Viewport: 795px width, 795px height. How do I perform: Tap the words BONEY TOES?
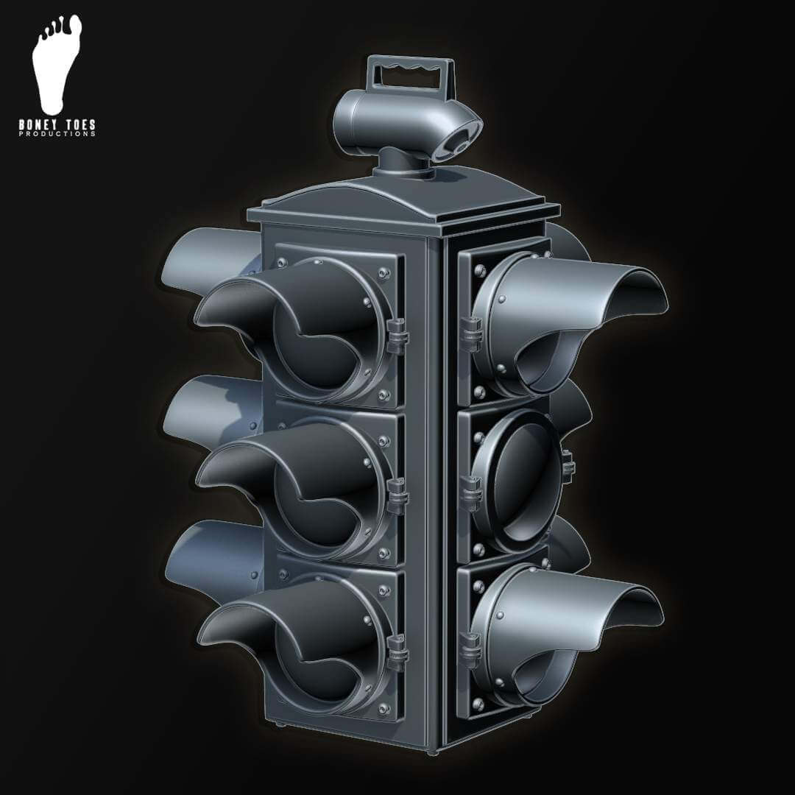57,125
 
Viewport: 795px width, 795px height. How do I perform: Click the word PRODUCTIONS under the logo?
57,134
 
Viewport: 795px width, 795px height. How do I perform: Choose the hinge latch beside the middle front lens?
398,493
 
